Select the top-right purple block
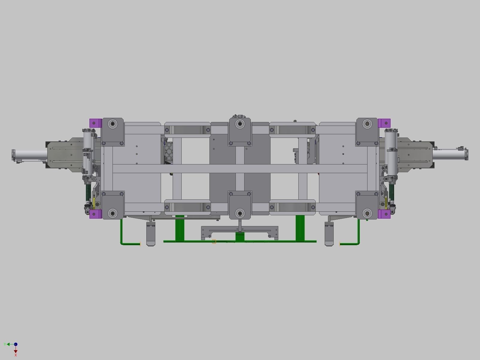[x=384, y=123]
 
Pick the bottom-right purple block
[x=384, y=214]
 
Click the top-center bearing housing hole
[x=240, y=124]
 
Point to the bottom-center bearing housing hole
[x=240, y=213]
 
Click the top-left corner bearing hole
[x=113, y=123]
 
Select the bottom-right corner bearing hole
[x=367, y=213]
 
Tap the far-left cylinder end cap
[x=13, y=155]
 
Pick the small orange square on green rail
[x=214, y=241]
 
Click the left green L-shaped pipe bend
[x=122, y=242]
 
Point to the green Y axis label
[x=5, y=344]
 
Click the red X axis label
[x=16, y=355]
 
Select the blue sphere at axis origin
[x=16, y=344]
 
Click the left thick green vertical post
[x=180, y=228]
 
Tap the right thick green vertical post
[x=300, y=228]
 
